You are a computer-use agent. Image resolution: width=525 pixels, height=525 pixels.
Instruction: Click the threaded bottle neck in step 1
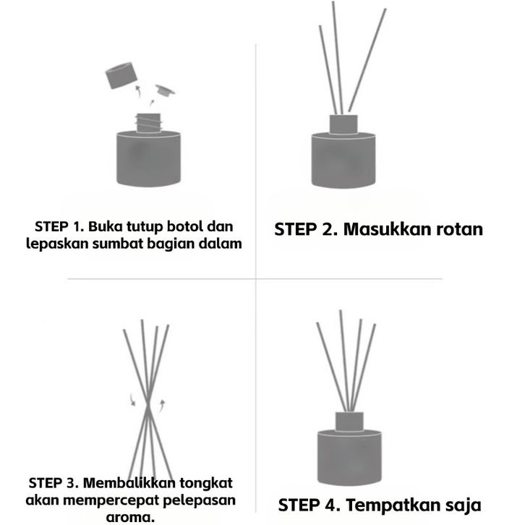pos(148,122)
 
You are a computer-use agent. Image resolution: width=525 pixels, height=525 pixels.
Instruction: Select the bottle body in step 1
pos(148,158)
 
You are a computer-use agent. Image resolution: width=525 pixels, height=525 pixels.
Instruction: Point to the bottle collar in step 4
pos(349,421)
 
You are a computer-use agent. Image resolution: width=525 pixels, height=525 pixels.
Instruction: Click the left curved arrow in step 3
pos(132,400)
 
